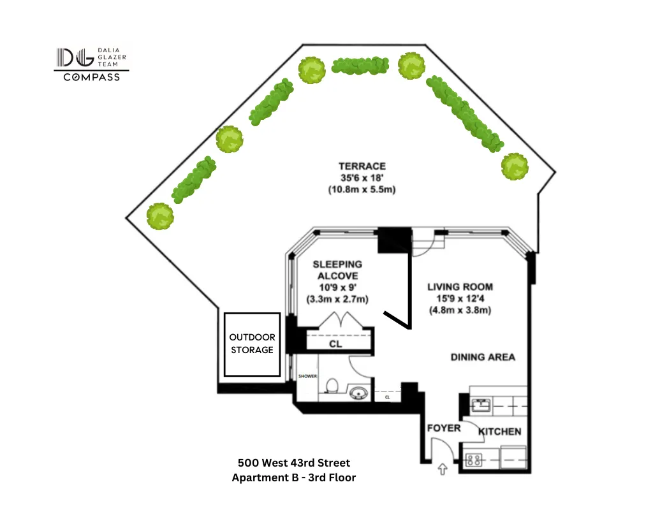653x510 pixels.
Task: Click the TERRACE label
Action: (x=362, y=166)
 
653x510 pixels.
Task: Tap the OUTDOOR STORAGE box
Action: (x=252, y=344)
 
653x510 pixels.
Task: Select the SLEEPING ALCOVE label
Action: (x=337, y=270)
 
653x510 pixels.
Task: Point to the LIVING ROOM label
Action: (x=460, y=287)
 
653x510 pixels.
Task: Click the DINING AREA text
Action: (x=483, y=357)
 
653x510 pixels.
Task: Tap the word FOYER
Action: (x=443, y=428)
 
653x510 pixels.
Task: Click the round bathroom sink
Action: (x=361, y=393)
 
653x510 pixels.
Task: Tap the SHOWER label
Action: (x=307, y=376)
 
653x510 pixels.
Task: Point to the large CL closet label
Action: (x=335, y=344)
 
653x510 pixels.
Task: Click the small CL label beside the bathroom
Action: (x=387, y=397)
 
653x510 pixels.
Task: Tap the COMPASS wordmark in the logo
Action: (x=91, y=77)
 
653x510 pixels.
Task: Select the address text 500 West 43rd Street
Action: (x=294, y=463)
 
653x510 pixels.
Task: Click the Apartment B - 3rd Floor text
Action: (x=294, y=477)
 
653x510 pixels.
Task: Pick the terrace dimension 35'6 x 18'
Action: (x=362, y=178)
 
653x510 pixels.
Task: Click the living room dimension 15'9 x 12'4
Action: (x=460, y=299)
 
